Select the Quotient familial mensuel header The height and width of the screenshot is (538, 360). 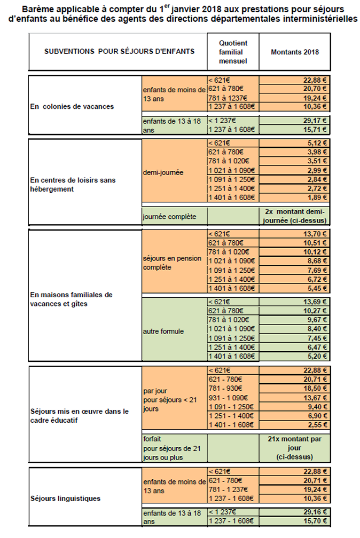(x=232, y=52)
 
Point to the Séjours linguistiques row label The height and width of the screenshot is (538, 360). (x=65, y=499)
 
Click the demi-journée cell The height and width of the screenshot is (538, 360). (x=160, y=173)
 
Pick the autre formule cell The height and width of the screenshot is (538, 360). (x=163, y=331)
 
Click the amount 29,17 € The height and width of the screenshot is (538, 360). (x=314, y=121)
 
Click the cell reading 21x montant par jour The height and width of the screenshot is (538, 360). (x=294, y=447)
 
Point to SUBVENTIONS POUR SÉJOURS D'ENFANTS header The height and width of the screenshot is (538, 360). (x=119, y=52)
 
